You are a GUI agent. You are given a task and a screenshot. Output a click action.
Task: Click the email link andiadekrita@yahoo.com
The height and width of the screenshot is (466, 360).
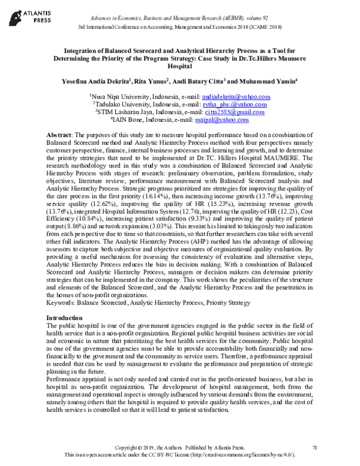[x=236, y=96]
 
